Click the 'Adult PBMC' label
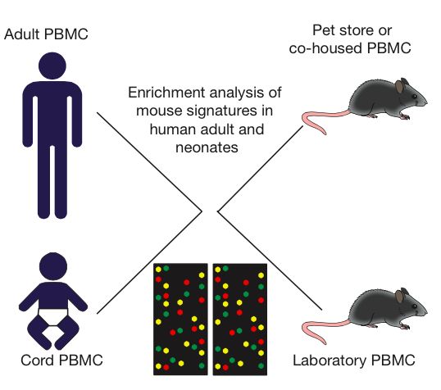[x=46, y=34]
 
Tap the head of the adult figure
[x=52, y=66]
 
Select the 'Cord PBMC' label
[x=61, y=361]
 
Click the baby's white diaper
[x=53, y=317]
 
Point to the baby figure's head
[x=53, y=266]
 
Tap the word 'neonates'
[x=207, y=147]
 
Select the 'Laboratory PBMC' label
[x=354, y=361]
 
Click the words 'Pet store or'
[x=352, y=30]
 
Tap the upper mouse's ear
[x=399, y=86]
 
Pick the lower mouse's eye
[x=415, y=306]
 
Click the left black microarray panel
[x=180, y=320]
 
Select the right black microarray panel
[x=240, y=320]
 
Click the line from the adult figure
[x=150, y=161]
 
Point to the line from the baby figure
[x=150, y=262]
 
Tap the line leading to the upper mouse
[x=261, y=169]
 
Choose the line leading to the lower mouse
[x=270, y=261]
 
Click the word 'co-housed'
[x=325, y=48]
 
